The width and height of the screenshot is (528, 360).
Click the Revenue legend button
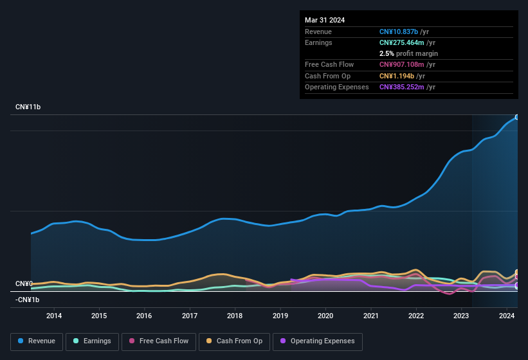point(37,341)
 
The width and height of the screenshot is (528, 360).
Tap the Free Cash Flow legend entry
point(158,341)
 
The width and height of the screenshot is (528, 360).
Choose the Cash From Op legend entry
point(233,341)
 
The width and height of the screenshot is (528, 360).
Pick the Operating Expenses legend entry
point(318,341)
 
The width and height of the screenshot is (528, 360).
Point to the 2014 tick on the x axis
point(54,316)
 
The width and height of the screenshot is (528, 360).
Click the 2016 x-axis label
point(144,316)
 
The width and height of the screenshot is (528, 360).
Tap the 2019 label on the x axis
point(280,316)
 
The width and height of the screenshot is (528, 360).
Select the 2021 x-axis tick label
point(371,316)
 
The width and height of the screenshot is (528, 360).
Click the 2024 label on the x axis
point(507,316)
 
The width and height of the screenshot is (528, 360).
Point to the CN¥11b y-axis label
point(28,107)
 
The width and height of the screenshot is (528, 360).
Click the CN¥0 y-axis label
point(24,283)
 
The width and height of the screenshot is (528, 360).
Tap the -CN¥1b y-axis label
point(28,300)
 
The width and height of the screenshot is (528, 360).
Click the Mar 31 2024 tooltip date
point(325,20)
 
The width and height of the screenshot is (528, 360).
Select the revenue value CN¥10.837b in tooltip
point(399,32)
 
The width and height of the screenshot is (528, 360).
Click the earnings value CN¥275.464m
point(403,42)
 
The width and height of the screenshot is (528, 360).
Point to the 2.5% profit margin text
point(408,53)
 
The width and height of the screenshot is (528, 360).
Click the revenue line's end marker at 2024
point(516,117)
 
